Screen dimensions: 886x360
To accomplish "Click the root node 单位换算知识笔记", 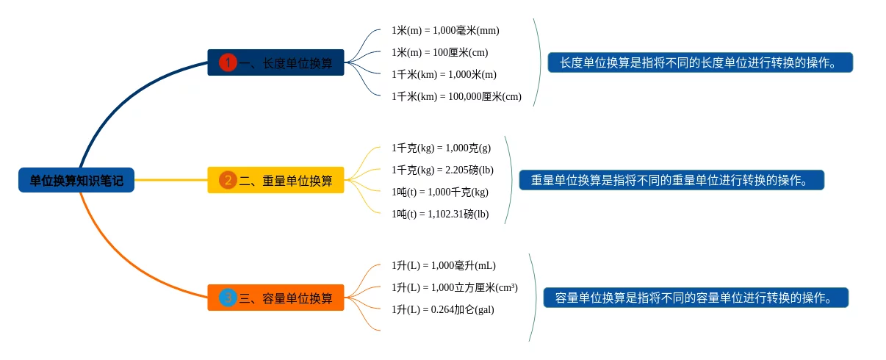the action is tap(76, 180).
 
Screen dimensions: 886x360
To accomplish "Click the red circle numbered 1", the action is tap(228, 63).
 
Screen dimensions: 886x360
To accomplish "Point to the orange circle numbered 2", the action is tap(228, 180).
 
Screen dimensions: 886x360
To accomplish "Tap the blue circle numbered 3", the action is tap(228, 298).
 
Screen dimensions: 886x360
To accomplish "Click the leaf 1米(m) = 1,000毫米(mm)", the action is tap(445, 30).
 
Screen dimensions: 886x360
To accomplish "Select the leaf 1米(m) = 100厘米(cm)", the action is tap(439, 52).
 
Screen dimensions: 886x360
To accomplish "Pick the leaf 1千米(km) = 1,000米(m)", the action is tap(444, 74).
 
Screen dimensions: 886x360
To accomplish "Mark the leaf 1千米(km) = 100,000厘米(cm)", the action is tap(456, 96).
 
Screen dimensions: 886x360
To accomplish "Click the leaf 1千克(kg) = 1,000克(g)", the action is tap(441, 148).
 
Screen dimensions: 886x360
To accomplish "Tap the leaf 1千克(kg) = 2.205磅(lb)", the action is tap(442, 170).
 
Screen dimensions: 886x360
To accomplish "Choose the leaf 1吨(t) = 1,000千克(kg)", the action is tap(439, 192).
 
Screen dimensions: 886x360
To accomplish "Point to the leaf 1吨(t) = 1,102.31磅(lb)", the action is tap(439, 214).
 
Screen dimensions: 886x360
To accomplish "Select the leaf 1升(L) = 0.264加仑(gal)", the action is tap(442, 309).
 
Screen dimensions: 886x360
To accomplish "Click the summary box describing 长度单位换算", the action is tap(700, 62).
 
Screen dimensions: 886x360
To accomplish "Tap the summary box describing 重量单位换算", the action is tap(671, 180).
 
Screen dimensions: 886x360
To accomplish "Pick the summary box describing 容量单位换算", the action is tap(696, 298).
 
